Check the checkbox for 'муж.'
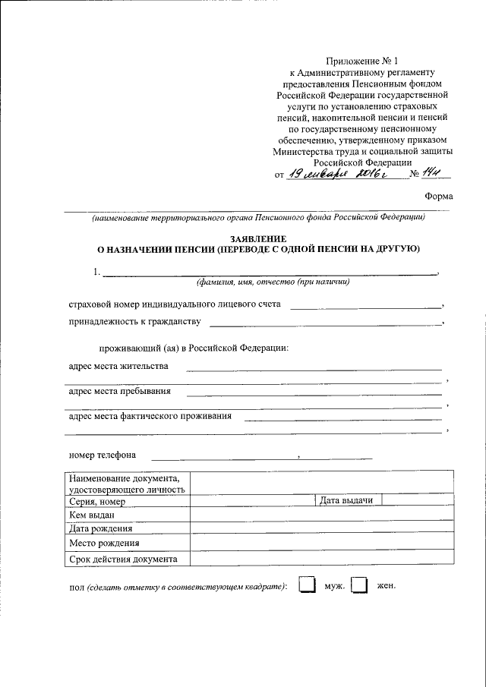(x=306, y=586)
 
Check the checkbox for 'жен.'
(x=360, y=586)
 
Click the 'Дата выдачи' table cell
(x=347, y=500)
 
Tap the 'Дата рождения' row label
(x=100, y=528)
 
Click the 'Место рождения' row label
(x=103, y=544)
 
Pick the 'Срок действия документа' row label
(x=123, y=559)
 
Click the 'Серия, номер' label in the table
(x=96, y=501)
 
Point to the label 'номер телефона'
(x=103, y=455)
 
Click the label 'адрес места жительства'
(x=118, y=366)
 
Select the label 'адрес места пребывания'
(x=119, y=392)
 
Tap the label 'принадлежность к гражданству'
(x=134, y=322)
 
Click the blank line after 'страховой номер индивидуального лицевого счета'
(x=366, y=306)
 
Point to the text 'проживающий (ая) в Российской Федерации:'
(x=193, y=348)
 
